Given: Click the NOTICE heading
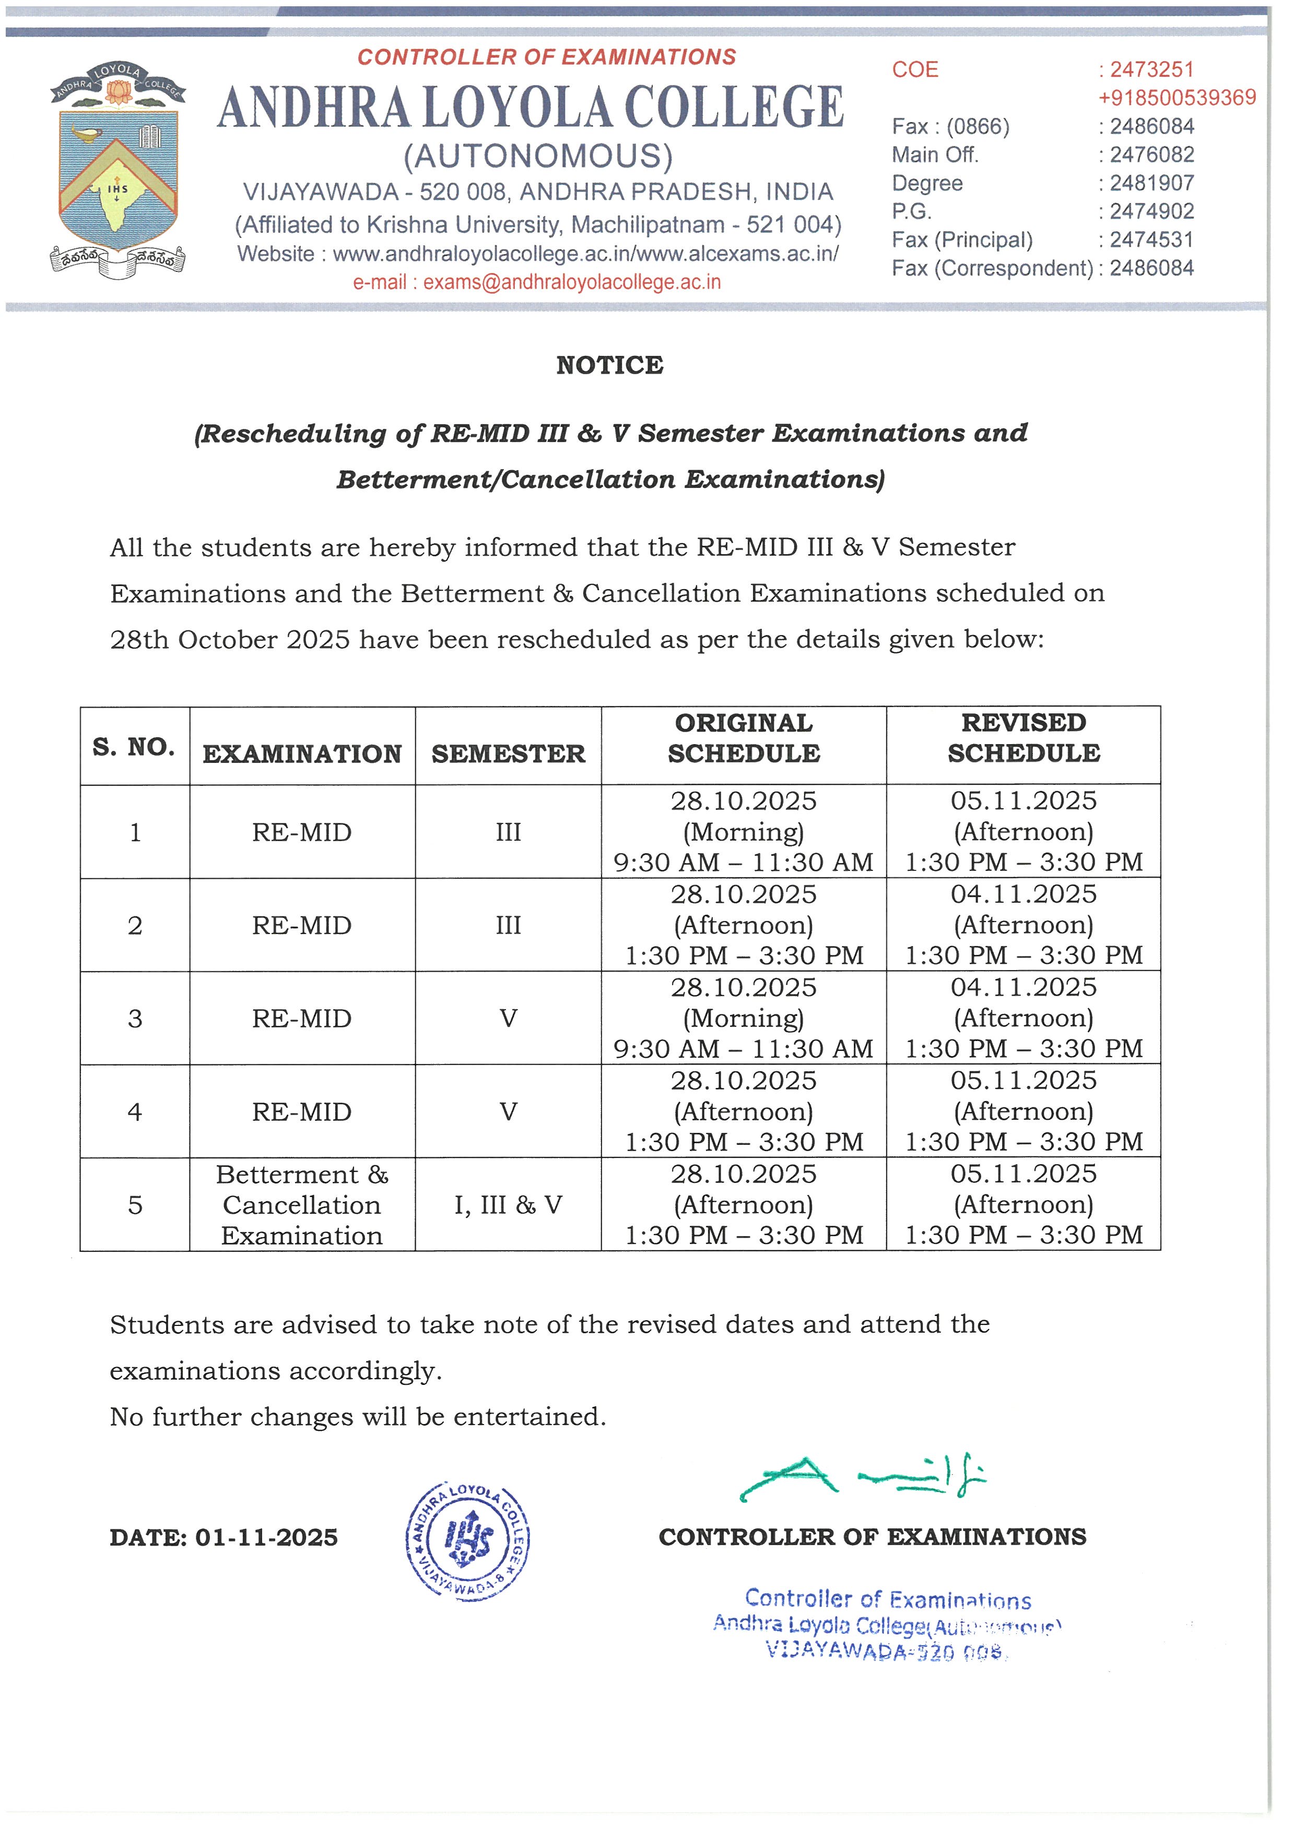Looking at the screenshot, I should [610, 365].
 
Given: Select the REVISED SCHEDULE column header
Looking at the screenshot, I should [1024, 738].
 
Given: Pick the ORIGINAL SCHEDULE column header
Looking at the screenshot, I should [744, 738].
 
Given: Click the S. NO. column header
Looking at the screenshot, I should [134, 747].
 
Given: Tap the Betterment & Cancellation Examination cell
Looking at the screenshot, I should [302, 1204].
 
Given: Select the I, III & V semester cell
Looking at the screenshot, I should [508, 1204].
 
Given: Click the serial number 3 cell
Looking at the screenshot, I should [135, 1019].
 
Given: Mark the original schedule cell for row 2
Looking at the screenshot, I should [744, 925].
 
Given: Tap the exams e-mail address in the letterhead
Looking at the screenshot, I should [572, 282].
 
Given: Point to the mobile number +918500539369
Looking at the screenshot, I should [1177, 98].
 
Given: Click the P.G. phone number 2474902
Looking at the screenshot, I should [1151, 211].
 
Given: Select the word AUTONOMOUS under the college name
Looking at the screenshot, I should [538, 156].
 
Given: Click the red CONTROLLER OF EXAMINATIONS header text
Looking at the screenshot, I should [547, 57].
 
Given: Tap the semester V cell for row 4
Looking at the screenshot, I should [508, 1112].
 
